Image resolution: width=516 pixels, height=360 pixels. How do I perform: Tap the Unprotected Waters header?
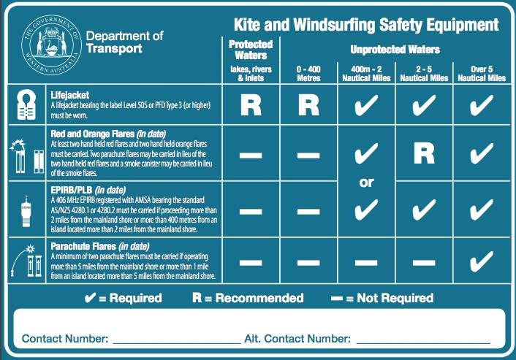point(395,50)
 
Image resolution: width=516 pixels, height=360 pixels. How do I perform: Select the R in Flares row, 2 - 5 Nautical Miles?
point(425,153)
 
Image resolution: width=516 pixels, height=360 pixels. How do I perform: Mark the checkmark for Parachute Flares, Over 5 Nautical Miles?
point(480,260)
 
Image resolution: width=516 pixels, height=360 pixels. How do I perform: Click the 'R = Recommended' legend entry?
point(247,298)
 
